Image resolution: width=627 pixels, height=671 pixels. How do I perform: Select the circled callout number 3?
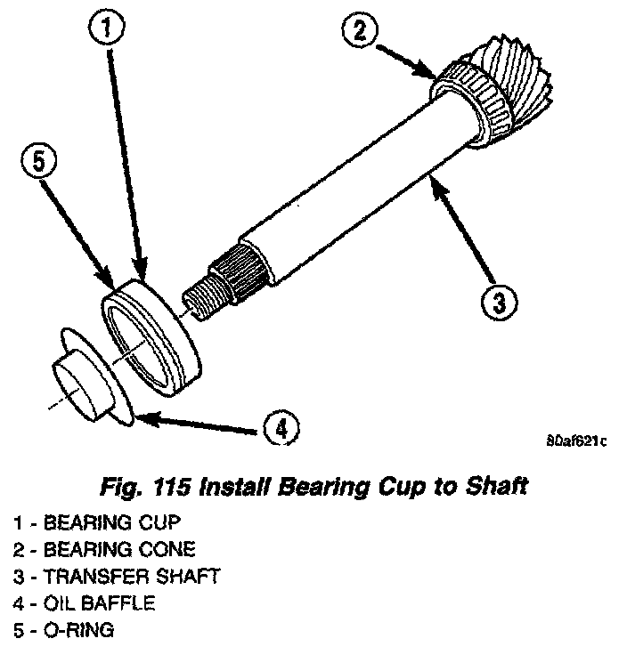click(x=498, y=303)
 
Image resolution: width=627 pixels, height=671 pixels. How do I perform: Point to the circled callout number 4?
click(x=281, y=429)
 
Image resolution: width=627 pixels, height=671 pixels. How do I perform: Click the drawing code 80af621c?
click(x=576, y=440)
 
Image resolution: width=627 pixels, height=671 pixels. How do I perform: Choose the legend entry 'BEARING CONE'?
click(x=103, y=549)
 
